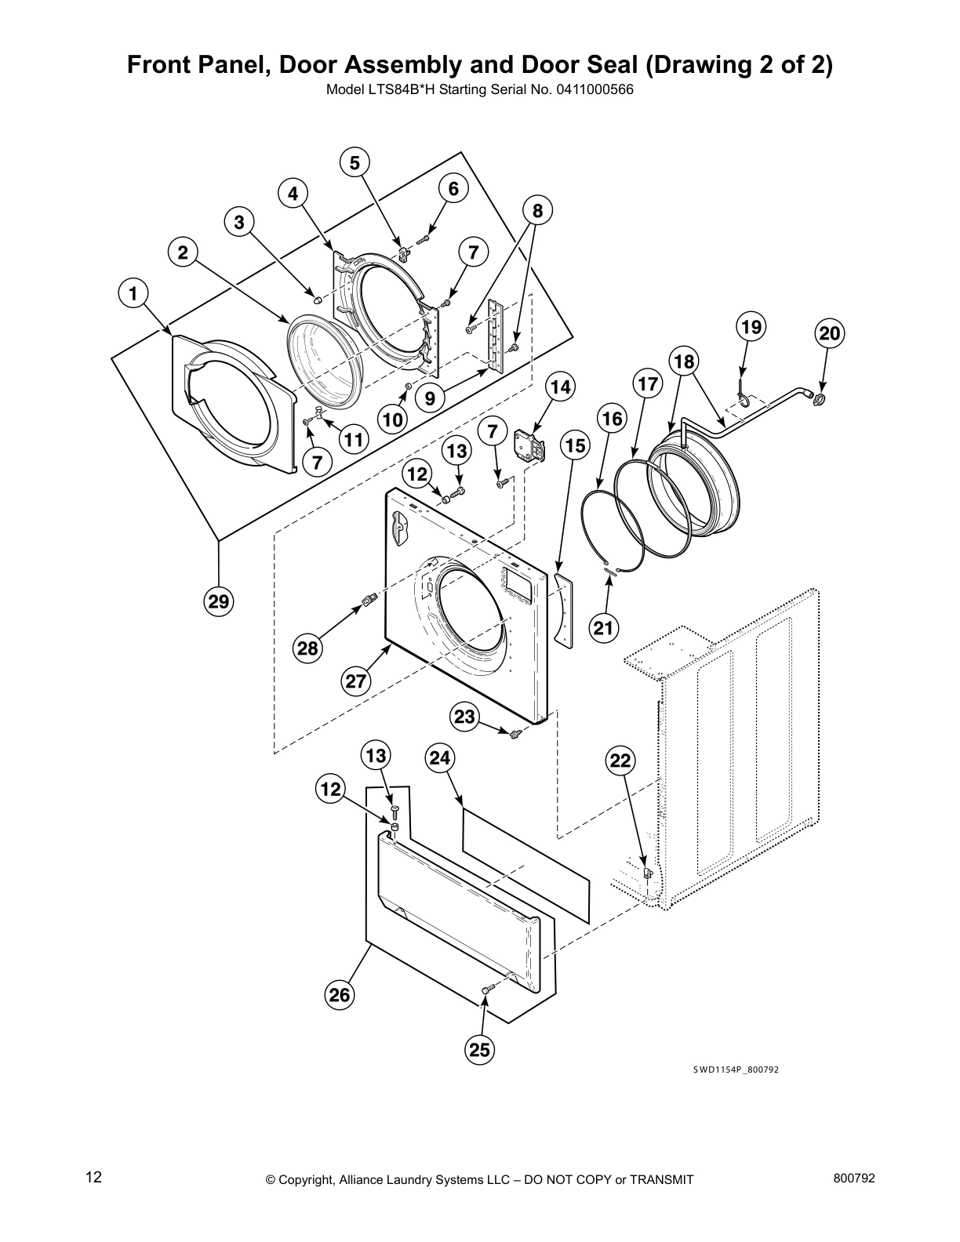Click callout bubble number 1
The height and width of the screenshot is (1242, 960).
click(x=133, y=294)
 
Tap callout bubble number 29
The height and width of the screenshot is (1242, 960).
click(x=219, y=601)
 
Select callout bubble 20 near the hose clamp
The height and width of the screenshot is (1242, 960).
click(x=829, y=334)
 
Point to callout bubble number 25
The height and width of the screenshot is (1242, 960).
click(x=481, y=1050)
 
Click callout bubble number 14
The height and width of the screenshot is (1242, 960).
click(x=560, y=387)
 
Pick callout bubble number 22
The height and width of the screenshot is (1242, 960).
click(x=620, y=760)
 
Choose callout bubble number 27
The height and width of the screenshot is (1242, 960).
click(x=356, y=681)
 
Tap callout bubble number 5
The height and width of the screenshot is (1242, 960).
click(x=355, y=163)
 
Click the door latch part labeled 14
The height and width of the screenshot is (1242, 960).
click(x=528, y=448)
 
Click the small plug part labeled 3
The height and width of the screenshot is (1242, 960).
click(x=317, y=299)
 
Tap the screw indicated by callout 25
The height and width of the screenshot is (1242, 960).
click(x=485, y=992)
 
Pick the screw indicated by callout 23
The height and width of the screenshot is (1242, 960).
click(x=515, y=733)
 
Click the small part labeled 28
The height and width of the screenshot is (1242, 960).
click(x=367, y=601)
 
